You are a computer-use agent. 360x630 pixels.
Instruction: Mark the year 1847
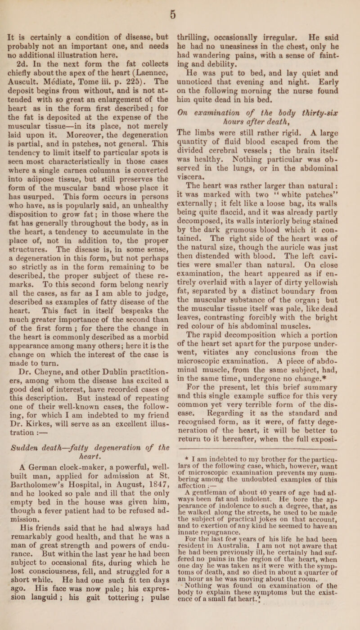tap(152, 527)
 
